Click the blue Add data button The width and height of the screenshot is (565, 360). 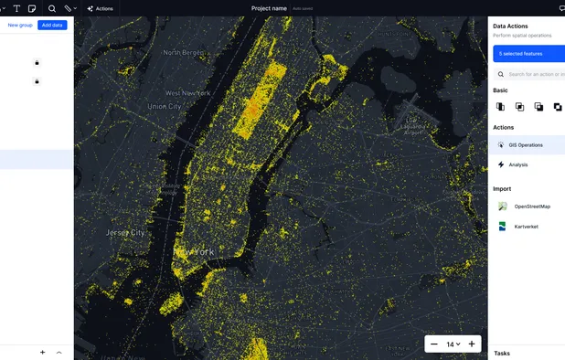(x=52, y=25)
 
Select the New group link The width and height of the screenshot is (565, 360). (x=20, y=25)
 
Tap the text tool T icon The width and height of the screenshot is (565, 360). (x=16, y=8)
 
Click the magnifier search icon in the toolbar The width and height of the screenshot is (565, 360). (x=52, y=8)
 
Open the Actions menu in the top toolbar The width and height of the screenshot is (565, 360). (x=100, y=8)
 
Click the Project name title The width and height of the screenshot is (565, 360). (x=269, y=8)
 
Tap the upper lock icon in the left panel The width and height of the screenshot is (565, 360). (x=37, y=62)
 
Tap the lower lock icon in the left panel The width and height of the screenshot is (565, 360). (x=37, y=81)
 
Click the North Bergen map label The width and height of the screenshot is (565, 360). (x=184, y=52)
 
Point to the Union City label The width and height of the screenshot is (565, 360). (x=165, y=107)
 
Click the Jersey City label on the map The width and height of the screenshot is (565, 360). (x=125, y=232)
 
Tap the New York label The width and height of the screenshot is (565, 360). (x=194, y=251)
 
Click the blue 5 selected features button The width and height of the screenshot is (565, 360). (x=528, y=54)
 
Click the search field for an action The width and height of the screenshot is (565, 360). (x=535, y=74)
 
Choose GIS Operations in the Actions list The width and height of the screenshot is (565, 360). (x=526, y=144)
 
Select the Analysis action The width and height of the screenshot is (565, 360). (x=517, y=164)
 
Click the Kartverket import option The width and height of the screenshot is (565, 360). (x=526, y=227)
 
